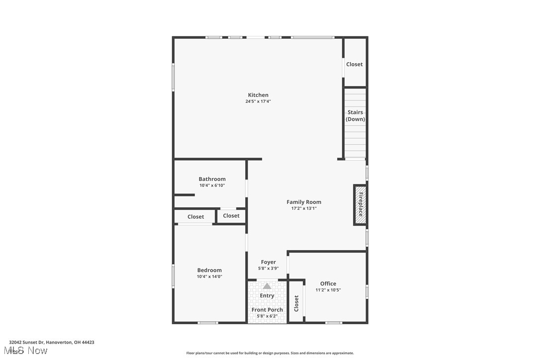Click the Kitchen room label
pos(258,95)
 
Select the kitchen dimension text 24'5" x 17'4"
pos(258,101)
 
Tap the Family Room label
pos(304,202)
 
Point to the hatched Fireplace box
pos(360,205)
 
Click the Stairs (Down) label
pos(355,116)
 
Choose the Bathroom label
pos(212,179)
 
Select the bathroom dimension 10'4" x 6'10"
pos(212,185)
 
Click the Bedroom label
pos(209,270)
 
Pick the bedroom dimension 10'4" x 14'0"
pos(209,276)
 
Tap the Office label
pos(328,284)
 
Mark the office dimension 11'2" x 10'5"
pos(328,290)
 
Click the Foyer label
pos(268,262)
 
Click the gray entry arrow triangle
pos(267,286)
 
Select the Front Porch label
pos(267,310)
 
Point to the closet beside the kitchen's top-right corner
pos(355,64)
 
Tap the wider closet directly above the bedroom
pos(195,217)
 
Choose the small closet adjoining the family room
pos(231,216)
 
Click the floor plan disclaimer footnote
pos(270,353)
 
